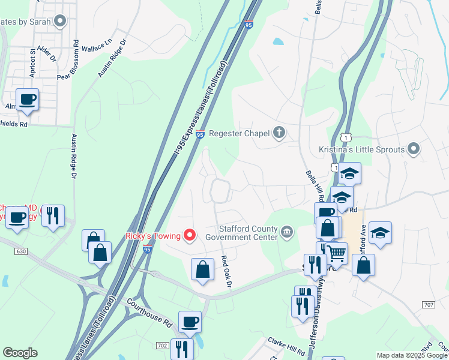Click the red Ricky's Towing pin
point(190,235)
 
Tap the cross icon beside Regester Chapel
point(279,133)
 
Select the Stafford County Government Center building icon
point(287,231)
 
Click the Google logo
point(20,353)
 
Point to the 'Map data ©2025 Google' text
point(412,355)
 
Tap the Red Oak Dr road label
point(226,271)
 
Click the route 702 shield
point(162,346)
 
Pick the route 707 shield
point(428,305)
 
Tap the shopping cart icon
point(337,254)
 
